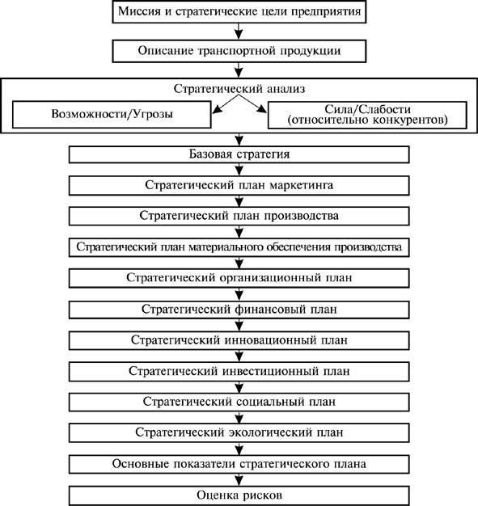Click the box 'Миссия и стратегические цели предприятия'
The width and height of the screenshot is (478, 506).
[x=239, y=11]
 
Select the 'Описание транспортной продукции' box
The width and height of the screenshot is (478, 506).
[x=239, y=51]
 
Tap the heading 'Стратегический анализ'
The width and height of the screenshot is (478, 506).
[x=239, y=88]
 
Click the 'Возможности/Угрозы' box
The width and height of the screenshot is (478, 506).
[x=112, y=115]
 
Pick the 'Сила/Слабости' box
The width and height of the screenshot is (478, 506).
[x=367, y=115]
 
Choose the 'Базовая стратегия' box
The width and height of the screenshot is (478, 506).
[x=239, y=154]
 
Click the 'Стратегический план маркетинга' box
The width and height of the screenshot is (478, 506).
[x=239, y=185]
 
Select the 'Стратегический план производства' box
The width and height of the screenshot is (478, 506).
[x=239, y=216]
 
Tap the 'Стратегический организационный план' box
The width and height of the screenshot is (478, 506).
[x=239, y=278]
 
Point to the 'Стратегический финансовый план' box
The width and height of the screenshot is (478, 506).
[x=239, y=310]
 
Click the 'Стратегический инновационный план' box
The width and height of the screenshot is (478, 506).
[x=239, y=340]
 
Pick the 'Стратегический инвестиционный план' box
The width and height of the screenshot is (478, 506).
[x=239, y=372]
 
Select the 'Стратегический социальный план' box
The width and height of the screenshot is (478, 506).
[x=239, y=402]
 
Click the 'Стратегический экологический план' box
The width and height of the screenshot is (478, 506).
[x=239, y=432]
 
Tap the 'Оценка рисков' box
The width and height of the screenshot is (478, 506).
[x=239, y=495]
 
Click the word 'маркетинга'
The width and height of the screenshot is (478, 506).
[x=302, y=186]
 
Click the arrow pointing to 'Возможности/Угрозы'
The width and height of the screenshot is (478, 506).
[x=226, y=104]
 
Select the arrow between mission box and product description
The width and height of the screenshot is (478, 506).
[x=239, y=32]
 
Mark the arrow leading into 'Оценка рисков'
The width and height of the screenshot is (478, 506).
[x=239, y=480]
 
